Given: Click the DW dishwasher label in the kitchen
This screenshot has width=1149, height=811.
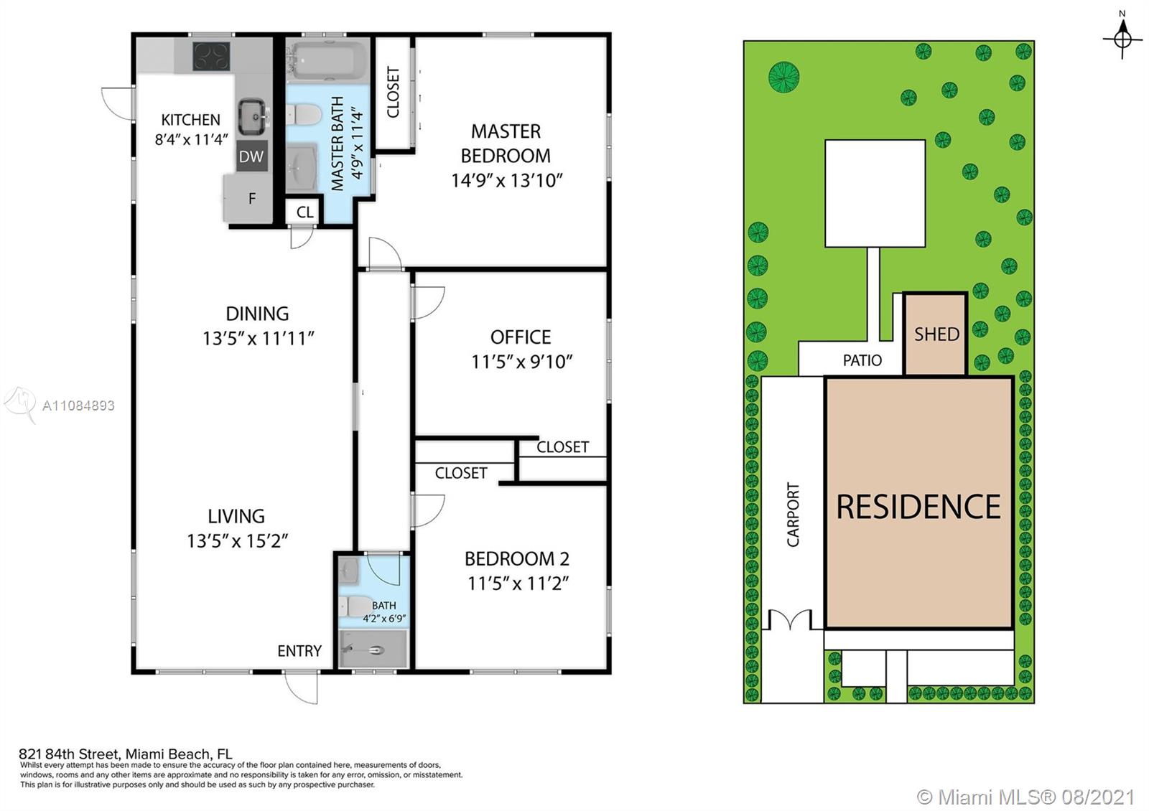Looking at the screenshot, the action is (x=251, y=156).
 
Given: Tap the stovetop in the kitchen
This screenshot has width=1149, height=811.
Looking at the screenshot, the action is (x=211, y=56).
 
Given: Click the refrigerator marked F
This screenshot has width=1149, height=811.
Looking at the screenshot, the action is (x=248, y=199).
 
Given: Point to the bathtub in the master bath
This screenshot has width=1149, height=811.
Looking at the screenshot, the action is (x=324, y=60).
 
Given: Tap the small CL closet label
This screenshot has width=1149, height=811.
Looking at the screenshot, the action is (x=304, y=212).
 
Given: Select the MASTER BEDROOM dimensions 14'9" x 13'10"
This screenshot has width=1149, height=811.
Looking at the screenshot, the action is (x=507, y=180).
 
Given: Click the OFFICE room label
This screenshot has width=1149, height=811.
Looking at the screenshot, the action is (x=521, y=337).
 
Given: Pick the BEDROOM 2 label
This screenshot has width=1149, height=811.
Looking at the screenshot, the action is (x=517, y=558).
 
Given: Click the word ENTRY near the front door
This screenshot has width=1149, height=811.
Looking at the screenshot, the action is (x=299, y=650).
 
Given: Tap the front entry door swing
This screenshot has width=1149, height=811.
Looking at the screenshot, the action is (x=302, y=687).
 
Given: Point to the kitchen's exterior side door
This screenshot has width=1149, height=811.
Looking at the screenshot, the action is (x=118, y=103).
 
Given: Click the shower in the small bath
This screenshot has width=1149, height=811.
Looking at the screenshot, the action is (x=373, y=649).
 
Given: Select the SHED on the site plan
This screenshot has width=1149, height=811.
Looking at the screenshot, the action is (x=936, y=334).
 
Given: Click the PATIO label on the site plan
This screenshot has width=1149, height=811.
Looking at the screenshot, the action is (x=862, y=360).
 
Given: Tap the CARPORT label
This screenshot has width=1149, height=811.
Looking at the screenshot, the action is (x=793, y=514).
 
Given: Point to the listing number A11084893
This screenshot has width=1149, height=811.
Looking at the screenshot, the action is (x=78, y=405).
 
